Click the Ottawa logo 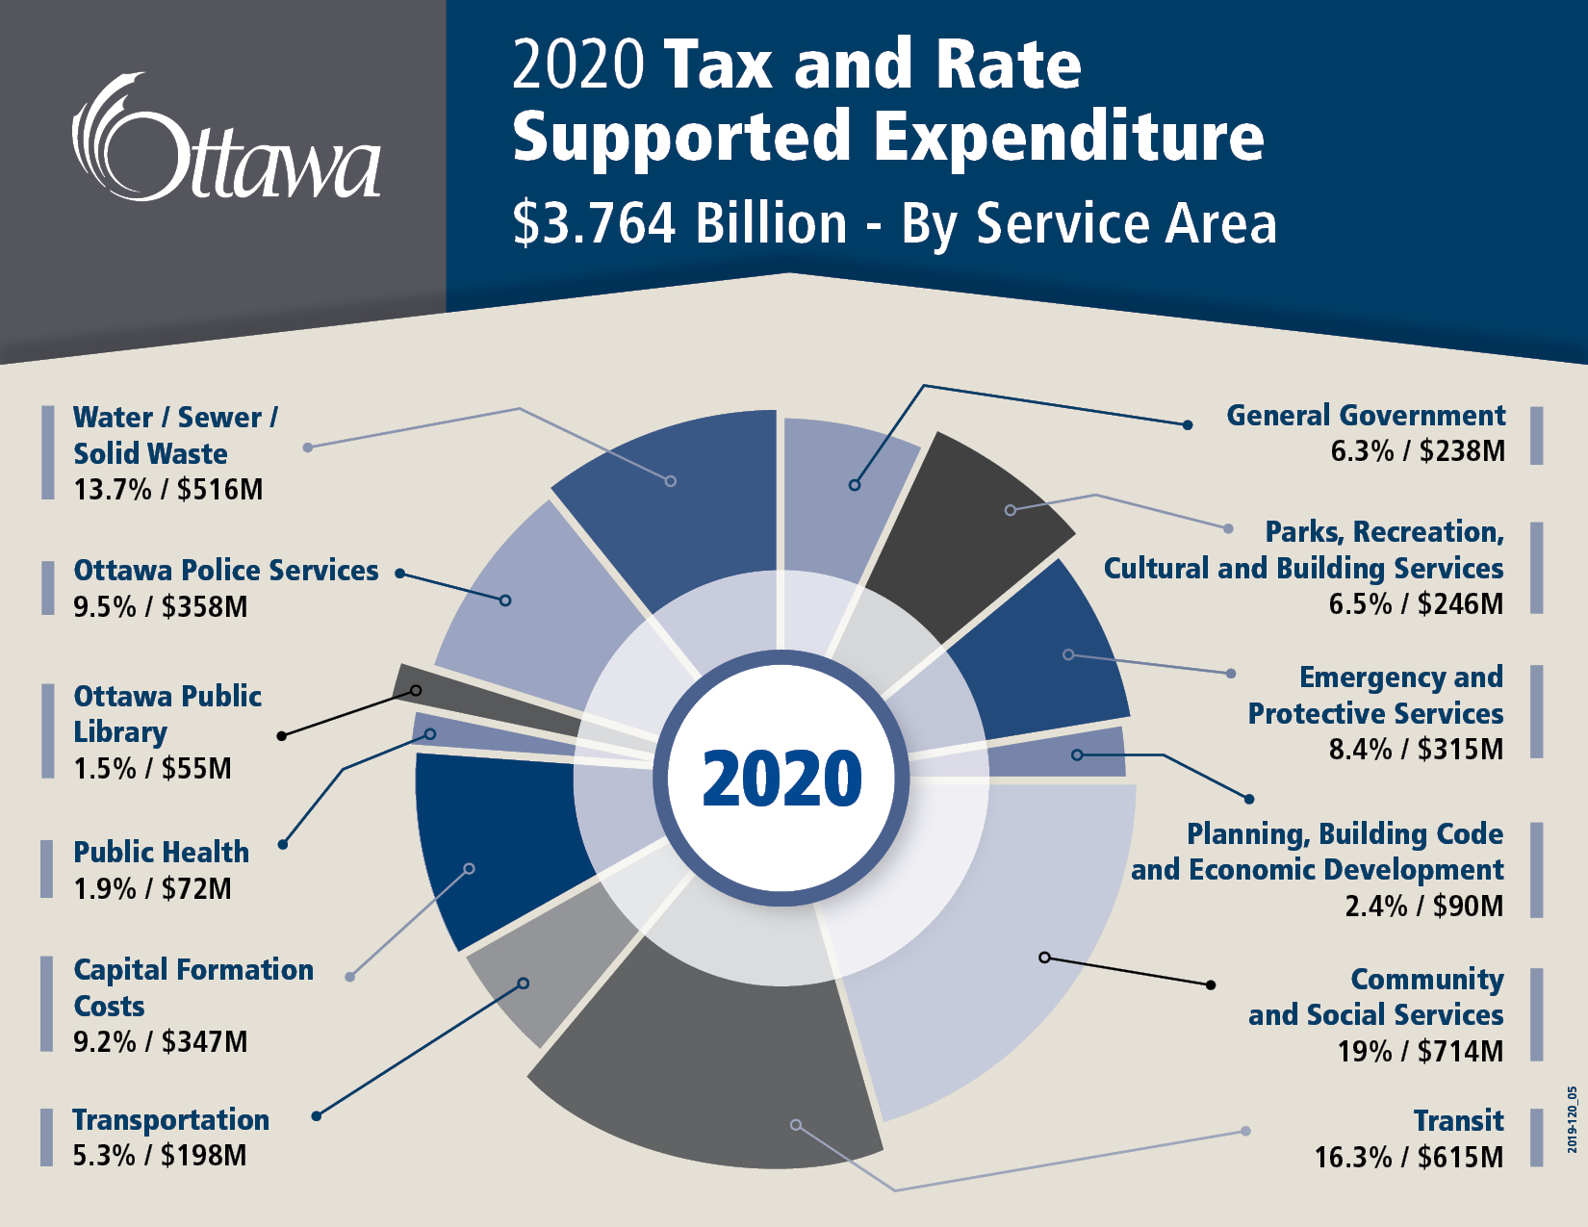(227, 140)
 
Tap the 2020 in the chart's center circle (781, 779)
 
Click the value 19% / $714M (1420, 1051)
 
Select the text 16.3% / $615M (1409, 1157)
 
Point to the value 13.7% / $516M (168, 490)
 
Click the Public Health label (161, 852)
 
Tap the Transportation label (171, 1119)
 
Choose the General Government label (1365, 415)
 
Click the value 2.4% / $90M (1423, 906)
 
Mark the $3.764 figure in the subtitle (595, 223)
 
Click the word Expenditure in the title (1068, 137)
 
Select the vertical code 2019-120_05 (1572, 1119)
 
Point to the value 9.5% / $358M (161, 607)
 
